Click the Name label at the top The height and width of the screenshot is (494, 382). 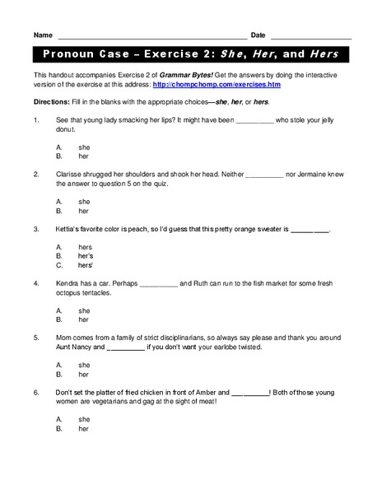44,35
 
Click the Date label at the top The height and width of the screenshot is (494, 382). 258,35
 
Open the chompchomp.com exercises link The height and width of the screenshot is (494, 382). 200,84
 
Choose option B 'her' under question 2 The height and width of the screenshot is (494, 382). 83,211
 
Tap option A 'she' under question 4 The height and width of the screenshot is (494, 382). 84,310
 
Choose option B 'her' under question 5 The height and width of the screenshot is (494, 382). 83,375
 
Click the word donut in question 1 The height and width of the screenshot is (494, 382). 65,129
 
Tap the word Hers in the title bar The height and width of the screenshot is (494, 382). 324,55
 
